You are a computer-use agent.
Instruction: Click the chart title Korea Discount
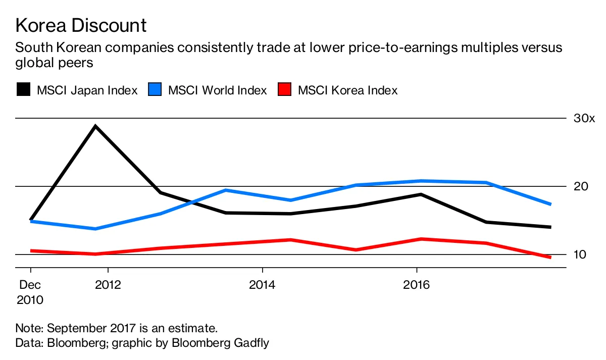(x=81, y=25)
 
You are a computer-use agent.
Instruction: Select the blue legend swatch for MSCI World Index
(x=155, y=90)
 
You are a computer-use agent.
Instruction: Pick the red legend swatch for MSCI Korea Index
(x=285, y=90)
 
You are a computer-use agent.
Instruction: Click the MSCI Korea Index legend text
(x=347, y=90)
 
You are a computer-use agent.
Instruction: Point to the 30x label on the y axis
(x=585, y=119)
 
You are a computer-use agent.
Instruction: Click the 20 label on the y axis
(x=581, y=186)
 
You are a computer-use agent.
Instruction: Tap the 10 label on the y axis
(x=580, y=254)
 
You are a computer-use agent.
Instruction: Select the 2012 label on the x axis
(x=108, y=285)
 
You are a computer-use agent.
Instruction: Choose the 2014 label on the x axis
(x=262, y=285)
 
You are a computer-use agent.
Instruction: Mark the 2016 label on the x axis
(x=416, y=285)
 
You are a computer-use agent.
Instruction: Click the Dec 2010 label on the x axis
(x=30, y=292)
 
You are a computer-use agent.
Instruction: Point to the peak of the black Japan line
(x=95, y=126)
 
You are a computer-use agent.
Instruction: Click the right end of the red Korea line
(x=550, y=258)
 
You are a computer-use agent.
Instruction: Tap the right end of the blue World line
(x=550, y=204)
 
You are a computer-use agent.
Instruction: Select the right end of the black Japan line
(x=550, y=227)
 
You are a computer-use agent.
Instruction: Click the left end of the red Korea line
(x=31, y=250)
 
